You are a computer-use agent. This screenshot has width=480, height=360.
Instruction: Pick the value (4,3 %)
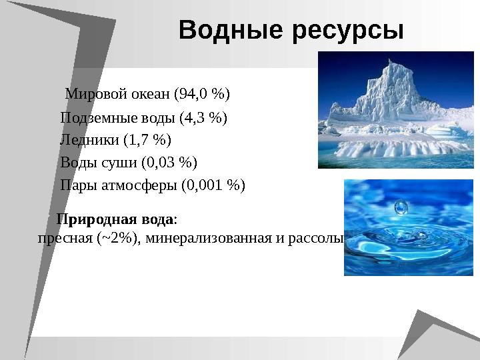coord(203,119)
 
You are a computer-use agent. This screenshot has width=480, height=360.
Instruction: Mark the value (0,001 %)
coord(213,185)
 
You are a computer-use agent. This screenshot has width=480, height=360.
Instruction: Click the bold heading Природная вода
coord(116,219)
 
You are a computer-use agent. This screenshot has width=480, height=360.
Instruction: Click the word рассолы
coord(316,238)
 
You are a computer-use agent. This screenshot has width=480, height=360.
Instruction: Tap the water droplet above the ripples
coord(401,207)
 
